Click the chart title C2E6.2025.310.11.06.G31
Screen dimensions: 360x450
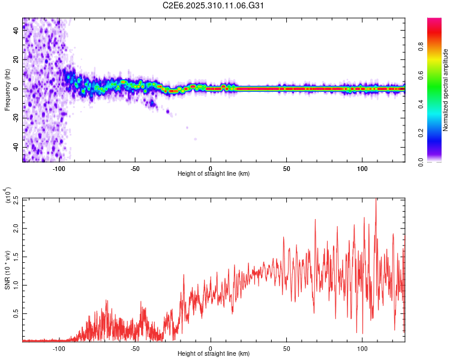pos(214,5)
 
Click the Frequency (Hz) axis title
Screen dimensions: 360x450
pos(8,89)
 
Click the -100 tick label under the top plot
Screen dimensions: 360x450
pos(59,167)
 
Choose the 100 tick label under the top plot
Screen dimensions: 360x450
pos(362,167)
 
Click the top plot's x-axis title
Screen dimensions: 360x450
pos(214,174)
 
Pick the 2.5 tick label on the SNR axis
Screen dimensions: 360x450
pos(14,199)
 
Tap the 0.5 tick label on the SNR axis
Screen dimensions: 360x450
pos(14,313)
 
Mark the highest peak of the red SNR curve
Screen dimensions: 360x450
pos(376,199)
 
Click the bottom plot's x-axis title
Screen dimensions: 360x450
pos(214,355)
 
